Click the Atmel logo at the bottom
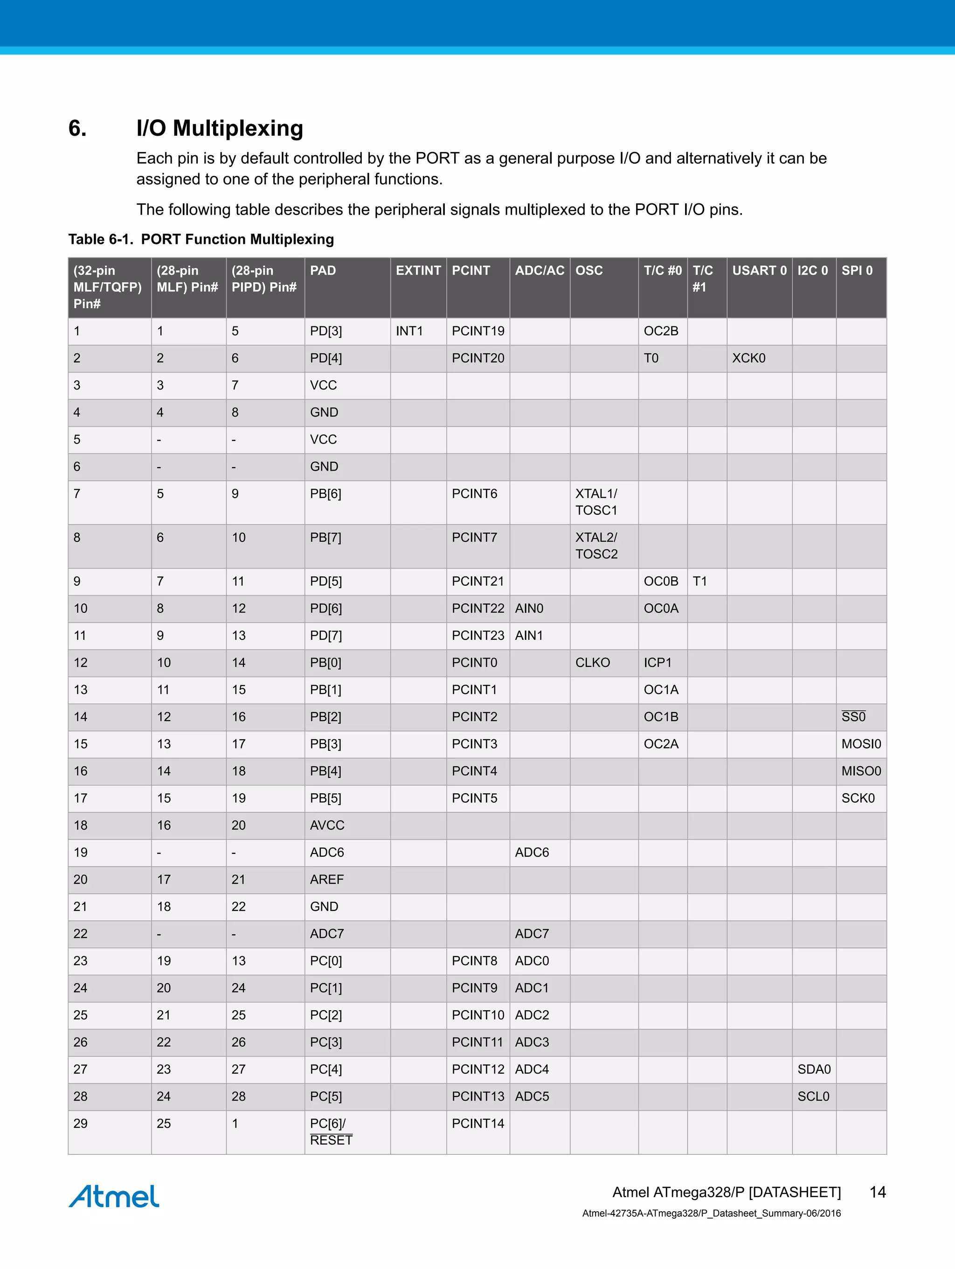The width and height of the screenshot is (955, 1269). tap(114, 1196)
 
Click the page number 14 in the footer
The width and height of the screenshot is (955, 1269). tap(878, 1192)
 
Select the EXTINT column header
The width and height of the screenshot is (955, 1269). tap(418, 271)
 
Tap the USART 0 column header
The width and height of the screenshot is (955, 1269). tap(759, 271)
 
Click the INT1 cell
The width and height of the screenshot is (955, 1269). tap(409, 331)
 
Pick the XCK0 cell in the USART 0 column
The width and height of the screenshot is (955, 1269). tap(748, 358)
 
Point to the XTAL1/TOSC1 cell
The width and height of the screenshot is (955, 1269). tap(596, 502)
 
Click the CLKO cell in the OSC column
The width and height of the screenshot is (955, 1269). tap(593, 663)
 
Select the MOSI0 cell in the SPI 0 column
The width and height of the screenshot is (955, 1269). tap(861, 744)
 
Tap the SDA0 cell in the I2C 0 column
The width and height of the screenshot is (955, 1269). tap(814, 1069)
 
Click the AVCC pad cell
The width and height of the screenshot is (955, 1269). tap(327, 825)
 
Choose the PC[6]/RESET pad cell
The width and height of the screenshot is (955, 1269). tap(331, 1132)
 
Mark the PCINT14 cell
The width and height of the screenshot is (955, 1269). tap(478, 1124)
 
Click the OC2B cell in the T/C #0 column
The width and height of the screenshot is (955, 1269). tap(661, 331)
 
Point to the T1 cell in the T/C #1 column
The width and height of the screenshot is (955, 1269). tap(700, 581)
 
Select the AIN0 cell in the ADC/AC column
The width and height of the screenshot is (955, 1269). tap(529, 608)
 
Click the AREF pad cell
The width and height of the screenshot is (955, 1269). tap(327, 880)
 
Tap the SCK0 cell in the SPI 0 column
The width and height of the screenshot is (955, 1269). tap(858, 798)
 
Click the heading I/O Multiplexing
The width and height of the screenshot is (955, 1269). tap(220, 128)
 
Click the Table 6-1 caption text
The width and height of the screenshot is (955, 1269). tap(201, 239)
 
